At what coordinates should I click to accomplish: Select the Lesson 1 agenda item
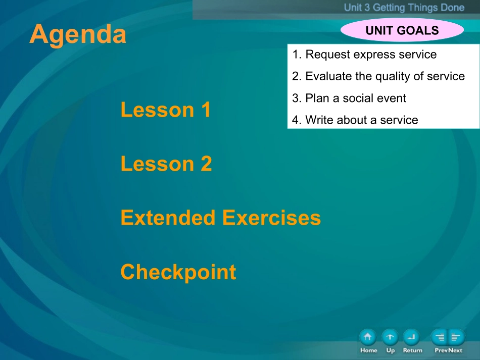[166, 110]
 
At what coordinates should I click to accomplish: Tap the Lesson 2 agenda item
[166, 164]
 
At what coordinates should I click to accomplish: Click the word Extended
[168, 218]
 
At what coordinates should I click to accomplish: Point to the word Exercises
[271, 218]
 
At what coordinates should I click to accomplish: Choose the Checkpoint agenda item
[178, 272]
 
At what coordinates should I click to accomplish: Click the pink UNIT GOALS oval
[402, 30]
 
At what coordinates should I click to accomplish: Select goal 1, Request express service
[364, 55]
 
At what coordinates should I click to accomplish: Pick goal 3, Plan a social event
[349, 98]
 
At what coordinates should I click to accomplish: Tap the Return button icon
[411, 337]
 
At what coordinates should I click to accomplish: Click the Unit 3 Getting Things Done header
[404, 8]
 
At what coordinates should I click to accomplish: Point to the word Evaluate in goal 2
[329, 76]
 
